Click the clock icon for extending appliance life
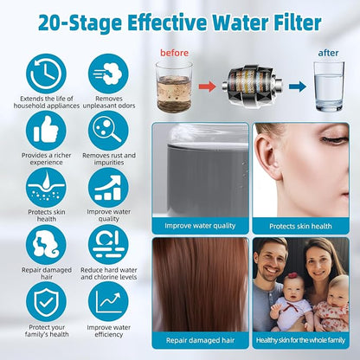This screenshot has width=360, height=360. point(46,74)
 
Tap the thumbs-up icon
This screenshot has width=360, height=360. point(46,131)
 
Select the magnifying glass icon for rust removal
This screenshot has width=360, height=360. point(108,131)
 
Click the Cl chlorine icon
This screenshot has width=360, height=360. point(108,245)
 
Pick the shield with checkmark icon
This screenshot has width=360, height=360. point(46,302)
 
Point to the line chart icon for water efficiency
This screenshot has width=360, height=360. point(108,302)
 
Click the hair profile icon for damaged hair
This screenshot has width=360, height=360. point(46,245)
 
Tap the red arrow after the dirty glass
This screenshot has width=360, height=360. point(207,87)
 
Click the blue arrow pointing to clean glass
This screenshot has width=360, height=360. point(298,87)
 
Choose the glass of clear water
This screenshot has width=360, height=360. point(329,87)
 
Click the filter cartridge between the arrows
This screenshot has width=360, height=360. point(253,86)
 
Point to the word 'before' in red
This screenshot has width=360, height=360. point(174,53)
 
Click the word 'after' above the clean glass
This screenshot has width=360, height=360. point(328,53)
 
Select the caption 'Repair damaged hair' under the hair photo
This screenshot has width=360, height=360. point(200,340)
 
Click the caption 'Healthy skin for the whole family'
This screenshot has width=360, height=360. point(300,340)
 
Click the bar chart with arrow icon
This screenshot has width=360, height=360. point(108,188)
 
